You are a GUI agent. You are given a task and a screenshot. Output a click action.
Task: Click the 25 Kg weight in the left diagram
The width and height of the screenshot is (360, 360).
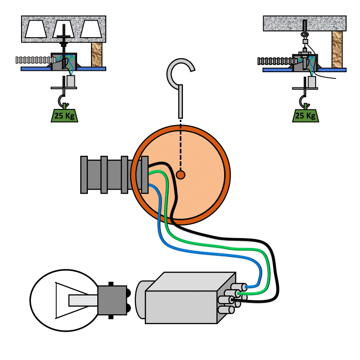pyautogui.click(x=65, y=116)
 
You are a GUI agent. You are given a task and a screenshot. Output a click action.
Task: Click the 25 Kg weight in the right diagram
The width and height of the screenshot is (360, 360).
pyautogui.click(x=305, y=116)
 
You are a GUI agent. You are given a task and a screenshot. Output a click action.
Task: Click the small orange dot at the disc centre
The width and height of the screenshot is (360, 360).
pyautogui.click(x=181, y=175)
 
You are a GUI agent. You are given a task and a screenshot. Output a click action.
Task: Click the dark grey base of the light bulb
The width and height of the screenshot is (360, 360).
pyautogui.click(x=112, y=300)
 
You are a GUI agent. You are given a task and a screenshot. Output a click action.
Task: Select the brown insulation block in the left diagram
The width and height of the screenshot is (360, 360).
pyautogui.click(x=97, y=55)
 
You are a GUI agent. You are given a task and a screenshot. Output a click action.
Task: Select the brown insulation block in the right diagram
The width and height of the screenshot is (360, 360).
pyautogui.click(x=337, y=49)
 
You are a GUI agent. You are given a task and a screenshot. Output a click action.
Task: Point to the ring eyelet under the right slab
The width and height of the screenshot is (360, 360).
pyautogui.click(x=305, y=34)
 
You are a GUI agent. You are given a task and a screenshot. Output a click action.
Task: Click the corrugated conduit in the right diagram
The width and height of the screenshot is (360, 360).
pyautogui.click(x=274, y=61)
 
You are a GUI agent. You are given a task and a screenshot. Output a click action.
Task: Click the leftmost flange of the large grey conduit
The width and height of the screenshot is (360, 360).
pyautogui.click(x=84, y=175)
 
